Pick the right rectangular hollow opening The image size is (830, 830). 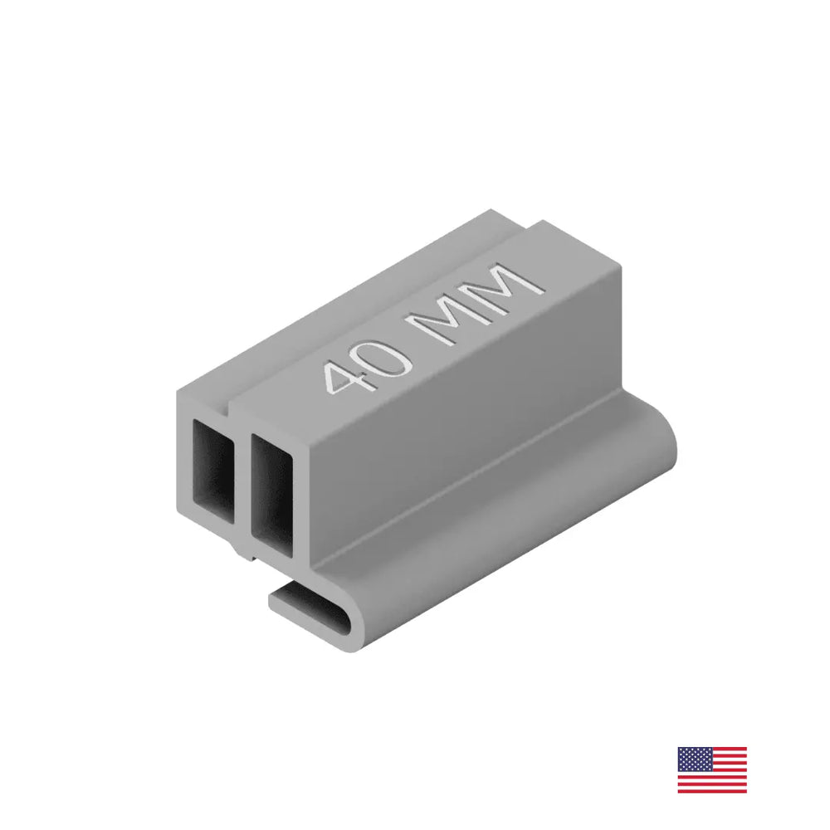coord(271,490)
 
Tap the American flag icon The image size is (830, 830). coord(712,769)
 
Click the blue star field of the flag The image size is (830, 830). coord(694,759)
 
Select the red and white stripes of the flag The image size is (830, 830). coord(722,780)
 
